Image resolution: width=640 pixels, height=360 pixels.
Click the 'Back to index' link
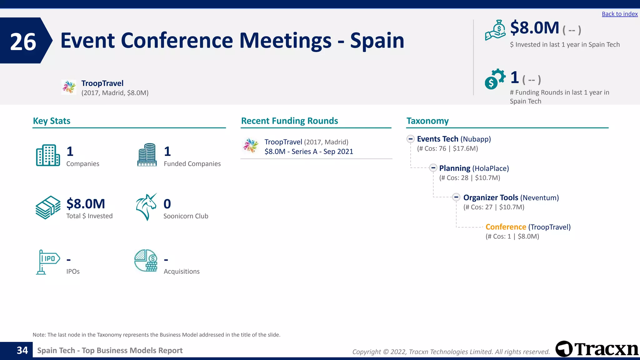[x=619, y=14]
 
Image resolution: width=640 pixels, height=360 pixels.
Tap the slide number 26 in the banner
[x=23, y=42]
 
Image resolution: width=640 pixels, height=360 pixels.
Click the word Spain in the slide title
[x=377, y=41]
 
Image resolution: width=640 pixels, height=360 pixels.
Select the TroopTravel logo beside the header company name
[x=69, y=87]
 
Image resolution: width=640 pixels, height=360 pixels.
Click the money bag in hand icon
[x=495, y=30]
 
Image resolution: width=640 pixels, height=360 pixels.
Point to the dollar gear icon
[x=495, y=79]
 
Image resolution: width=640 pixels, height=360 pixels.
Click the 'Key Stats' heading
[x=52, y=121]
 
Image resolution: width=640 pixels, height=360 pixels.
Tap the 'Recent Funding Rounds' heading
[x=289, y=121]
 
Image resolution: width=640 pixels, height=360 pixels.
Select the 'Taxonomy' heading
[x=427, y=121]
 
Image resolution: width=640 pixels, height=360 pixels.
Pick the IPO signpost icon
[x=47, y=262]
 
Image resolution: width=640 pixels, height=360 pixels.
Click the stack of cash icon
[x=48, y=207]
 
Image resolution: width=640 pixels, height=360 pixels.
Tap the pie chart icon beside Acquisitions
[x=146, y=261]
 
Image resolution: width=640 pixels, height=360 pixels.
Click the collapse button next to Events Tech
[x=411, y=139]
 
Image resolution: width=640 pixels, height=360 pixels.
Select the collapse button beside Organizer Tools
[x=456, y=197]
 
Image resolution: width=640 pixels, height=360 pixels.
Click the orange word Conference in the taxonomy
[x=506, y=227]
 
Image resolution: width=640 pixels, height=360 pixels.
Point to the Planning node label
[x=454, y=168]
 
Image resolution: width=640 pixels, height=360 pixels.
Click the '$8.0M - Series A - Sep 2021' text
[x=309, y=152]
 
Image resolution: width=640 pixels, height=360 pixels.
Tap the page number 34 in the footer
[x=22, y=350]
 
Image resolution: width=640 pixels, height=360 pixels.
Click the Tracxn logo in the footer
[x=597, y=349]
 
